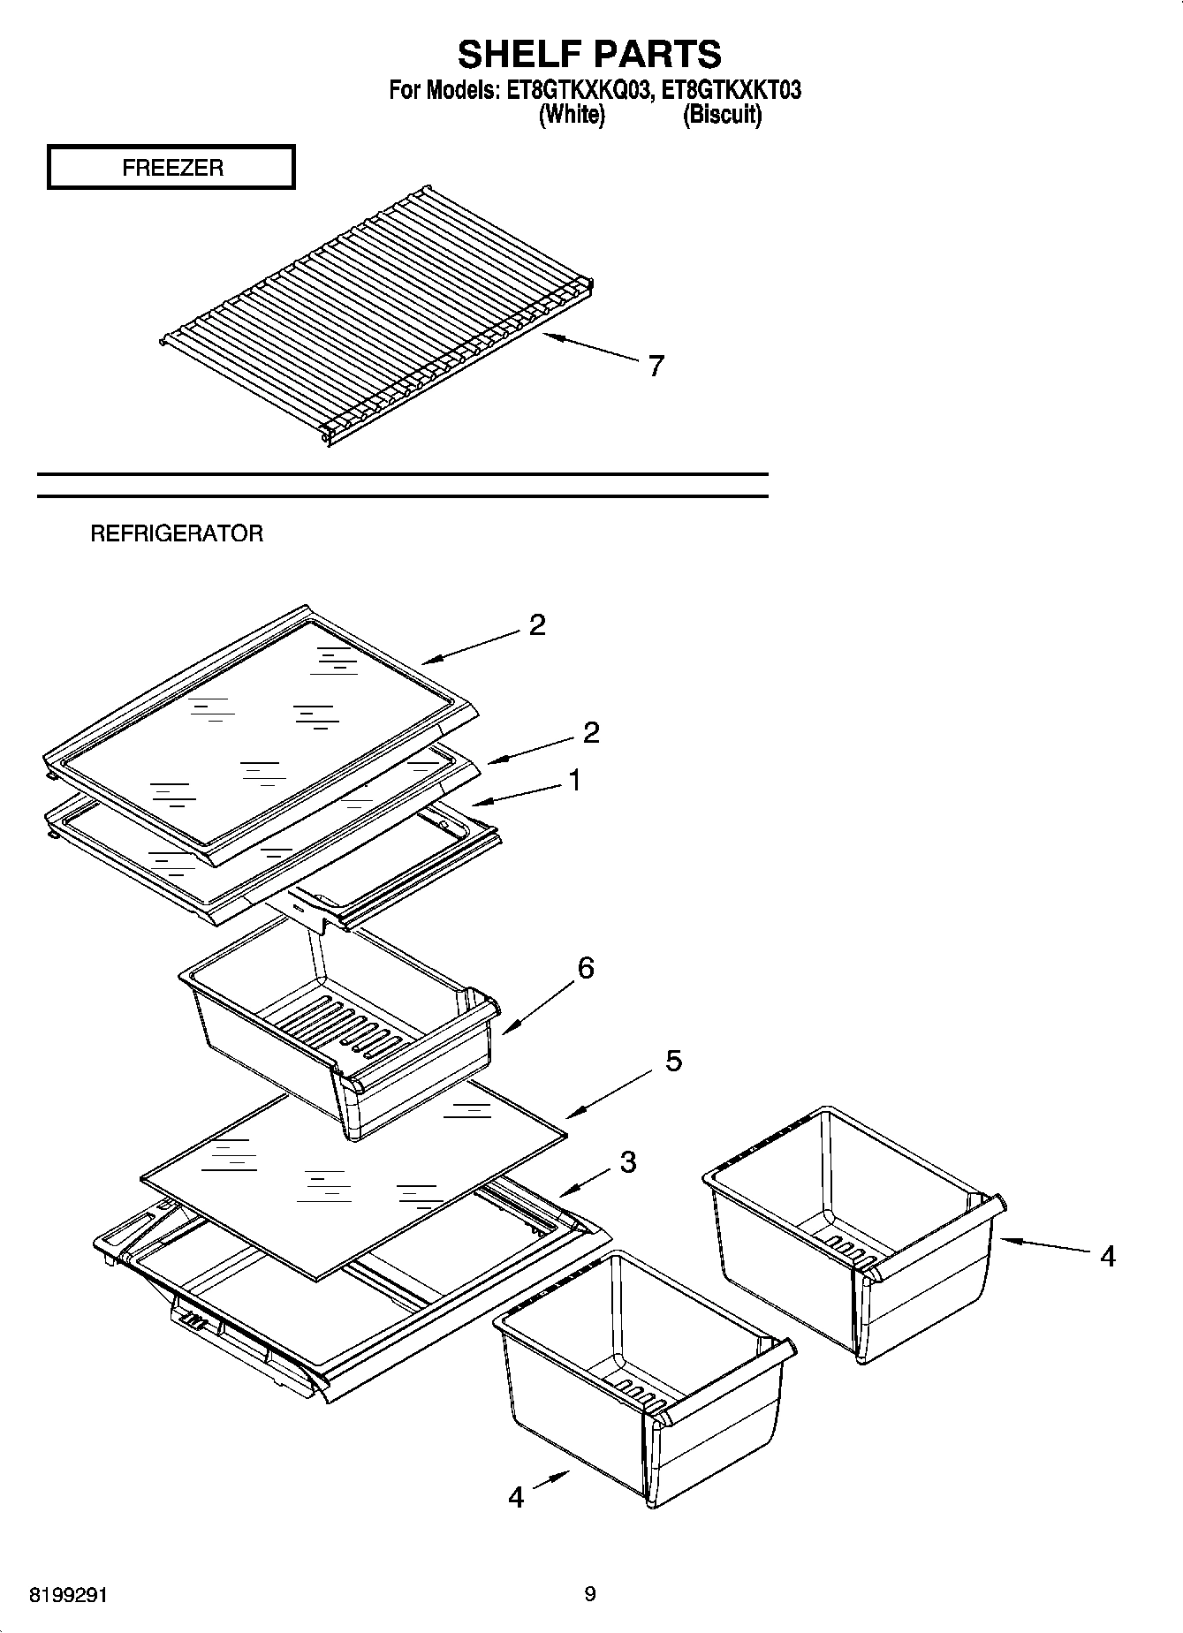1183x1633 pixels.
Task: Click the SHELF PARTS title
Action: [x=589, y=55]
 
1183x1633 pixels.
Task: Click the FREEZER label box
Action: [x=171, y=168]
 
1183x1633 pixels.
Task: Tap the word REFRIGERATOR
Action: [x=177, y=533]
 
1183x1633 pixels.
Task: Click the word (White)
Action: [x=572, y=114]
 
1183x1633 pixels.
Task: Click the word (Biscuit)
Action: [x=722, y=114]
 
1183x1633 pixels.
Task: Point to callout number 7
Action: [x=655, y=366]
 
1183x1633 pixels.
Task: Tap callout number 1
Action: [x=574, y=781]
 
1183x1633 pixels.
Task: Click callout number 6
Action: [x=586, y=968]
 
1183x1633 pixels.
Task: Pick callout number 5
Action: [x=673, y=1061]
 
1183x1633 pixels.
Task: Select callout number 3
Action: [x=627, y=1162]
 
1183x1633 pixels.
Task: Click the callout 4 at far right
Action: [x=1108, y=1255]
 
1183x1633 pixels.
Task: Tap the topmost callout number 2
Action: [x=537, y=625]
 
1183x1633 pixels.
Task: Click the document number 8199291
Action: [x=68, y=1595]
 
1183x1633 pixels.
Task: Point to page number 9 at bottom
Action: [x=590, y=1594]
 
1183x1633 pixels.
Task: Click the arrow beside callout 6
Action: [x=538, y=1009]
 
